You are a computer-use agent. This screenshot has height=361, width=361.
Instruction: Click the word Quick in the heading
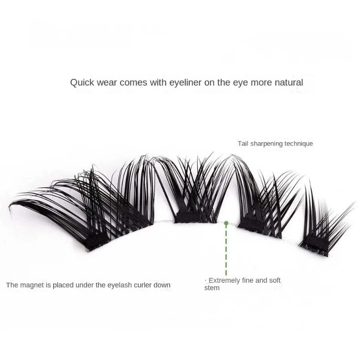82,83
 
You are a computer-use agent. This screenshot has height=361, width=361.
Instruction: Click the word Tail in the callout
243,144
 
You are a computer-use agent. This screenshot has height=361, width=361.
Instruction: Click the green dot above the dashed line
226,223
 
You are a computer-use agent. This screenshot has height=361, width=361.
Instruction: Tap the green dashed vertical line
226,251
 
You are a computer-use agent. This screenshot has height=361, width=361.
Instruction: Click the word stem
211,288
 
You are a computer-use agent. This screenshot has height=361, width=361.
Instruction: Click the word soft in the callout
274,280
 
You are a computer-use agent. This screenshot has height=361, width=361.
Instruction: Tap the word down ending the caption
162,285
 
